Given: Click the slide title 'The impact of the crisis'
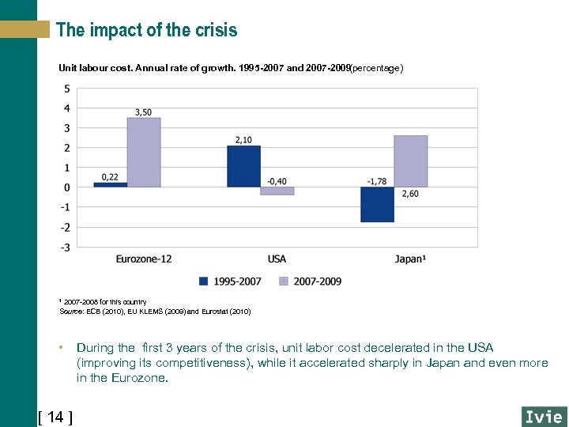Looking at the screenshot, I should (146, 30).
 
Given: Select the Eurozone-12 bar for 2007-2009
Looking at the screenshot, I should (144, 153).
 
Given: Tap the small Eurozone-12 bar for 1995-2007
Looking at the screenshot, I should (110, 184).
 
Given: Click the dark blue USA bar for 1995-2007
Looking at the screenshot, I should (243, 166).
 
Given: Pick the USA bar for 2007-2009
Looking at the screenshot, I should (277, 191).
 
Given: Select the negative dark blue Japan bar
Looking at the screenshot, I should (377, 204).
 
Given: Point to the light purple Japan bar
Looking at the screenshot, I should (411, 161).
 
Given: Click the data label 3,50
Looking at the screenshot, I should (143, 112).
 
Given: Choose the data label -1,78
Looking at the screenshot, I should (377, 181).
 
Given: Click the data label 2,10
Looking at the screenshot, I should (243, 140).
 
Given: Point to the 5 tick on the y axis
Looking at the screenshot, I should (66, 88).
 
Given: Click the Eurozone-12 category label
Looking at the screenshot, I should (143, 259).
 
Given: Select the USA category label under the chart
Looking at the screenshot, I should (277, 259).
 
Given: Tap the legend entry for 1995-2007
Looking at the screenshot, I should (230, 281).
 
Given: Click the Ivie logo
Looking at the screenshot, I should (544, 416).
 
